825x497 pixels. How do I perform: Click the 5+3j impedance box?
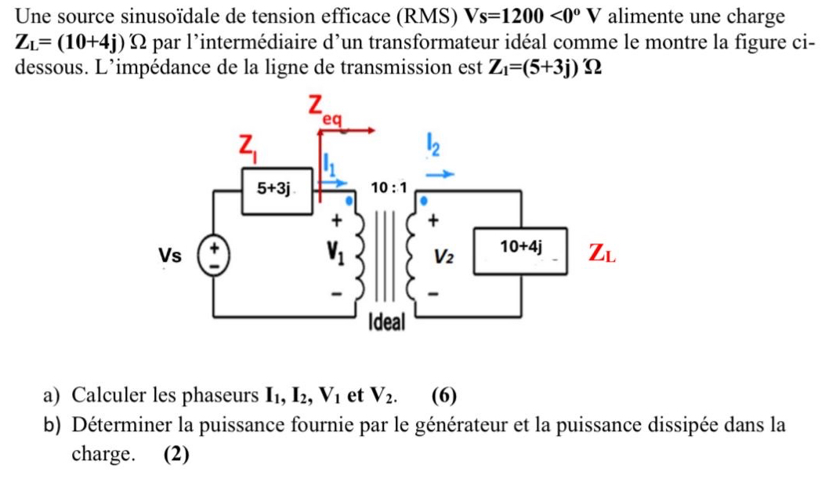coord(276,189)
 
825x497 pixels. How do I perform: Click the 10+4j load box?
coord(521,248)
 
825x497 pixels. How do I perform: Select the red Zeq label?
coord(324,111)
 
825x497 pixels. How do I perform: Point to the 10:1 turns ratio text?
coord(389,188)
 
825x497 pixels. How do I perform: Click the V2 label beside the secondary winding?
coord(444,256)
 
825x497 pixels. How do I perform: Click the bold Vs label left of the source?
coord(169,256)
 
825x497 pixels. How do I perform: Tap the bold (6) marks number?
coord(444,394)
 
